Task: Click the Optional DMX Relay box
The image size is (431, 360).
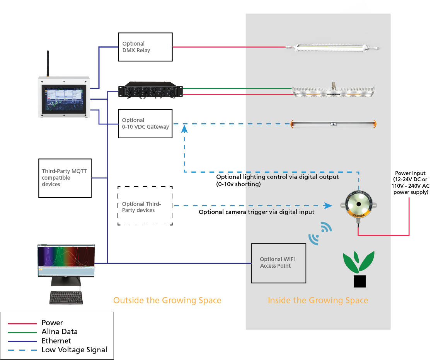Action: (x=145, y=47)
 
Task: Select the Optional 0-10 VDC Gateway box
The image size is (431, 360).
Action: (x=145, y=124)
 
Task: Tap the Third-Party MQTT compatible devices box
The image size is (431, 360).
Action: (x=65, y=178)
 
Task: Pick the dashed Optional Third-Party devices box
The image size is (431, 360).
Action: (x=145, y=205)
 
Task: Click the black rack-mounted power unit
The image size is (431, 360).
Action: (x=150, y=90)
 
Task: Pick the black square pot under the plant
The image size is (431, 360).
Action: (x=359, y=282)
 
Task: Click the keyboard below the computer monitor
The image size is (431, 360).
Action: (x=66, y=297)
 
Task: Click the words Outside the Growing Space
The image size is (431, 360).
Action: (x=167, y=300)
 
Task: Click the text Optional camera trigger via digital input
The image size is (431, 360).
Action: (x=256, y=212)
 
